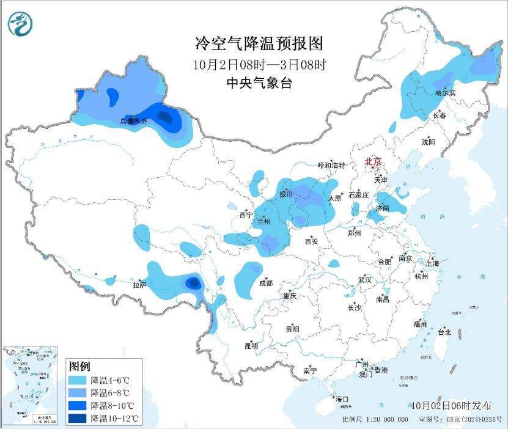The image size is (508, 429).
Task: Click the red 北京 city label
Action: (373, 161)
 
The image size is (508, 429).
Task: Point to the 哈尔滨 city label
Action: (445, 92)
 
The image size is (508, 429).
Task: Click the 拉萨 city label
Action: (139, 285)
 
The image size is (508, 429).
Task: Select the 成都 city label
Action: (265, 283)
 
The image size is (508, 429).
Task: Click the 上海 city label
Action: (433, 263)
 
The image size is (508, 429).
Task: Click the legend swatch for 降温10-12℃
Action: (78, 418)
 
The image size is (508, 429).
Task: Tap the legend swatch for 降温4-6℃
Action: (78, 380)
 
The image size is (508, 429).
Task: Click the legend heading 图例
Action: (79, 367)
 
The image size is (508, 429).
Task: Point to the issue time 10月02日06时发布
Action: (451, 405)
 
